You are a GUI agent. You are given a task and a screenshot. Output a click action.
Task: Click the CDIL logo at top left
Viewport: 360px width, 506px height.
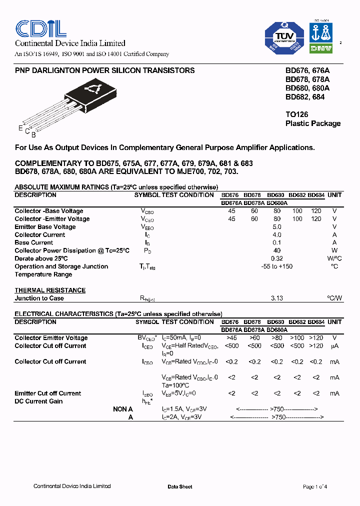tap(40, 28)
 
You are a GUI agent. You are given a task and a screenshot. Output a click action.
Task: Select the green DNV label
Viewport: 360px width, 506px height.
tap(320, 49)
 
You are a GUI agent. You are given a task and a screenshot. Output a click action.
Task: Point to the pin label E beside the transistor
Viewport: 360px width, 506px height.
tap(20, 128)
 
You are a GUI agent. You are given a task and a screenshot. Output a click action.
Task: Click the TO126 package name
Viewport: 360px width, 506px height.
tap(297, 114)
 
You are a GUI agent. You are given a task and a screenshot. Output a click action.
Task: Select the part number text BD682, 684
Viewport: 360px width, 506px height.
tap(305, 97)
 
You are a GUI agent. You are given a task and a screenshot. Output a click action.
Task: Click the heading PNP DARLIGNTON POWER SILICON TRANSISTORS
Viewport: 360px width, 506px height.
tap(105, 70)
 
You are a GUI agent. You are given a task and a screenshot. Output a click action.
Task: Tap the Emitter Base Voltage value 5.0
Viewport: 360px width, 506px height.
tap(276, 227)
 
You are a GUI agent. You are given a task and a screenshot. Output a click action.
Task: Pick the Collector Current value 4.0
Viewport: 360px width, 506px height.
tap(276, 235)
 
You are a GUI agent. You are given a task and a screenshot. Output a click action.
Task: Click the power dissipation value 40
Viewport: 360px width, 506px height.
tap(276, 250)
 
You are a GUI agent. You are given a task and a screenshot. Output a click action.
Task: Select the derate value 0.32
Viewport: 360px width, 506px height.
tap(276, 258)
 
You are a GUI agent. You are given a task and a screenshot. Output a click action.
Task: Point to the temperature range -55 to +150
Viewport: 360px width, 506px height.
tap(276, 266)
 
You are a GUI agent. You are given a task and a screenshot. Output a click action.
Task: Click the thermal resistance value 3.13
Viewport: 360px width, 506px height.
tap(276, 298)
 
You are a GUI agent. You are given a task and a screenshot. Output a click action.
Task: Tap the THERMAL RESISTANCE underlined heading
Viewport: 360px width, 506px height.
tap(50, 290)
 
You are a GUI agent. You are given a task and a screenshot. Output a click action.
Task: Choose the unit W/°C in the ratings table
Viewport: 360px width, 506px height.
tap(334, 258)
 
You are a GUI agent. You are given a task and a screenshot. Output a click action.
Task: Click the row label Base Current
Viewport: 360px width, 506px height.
tap(34, 242)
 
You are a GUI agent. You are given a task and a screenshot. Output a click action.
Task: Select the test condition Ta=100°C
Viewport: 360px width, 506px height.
tap(175, 385)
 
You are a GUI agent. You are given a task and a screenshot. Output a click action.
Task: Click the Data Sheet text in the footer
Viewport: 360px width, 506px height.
tap(179, 486)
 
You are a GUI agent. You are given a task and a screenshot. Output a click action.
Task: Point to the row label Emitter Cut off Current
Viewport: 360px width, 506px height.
tap(48, 393)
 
